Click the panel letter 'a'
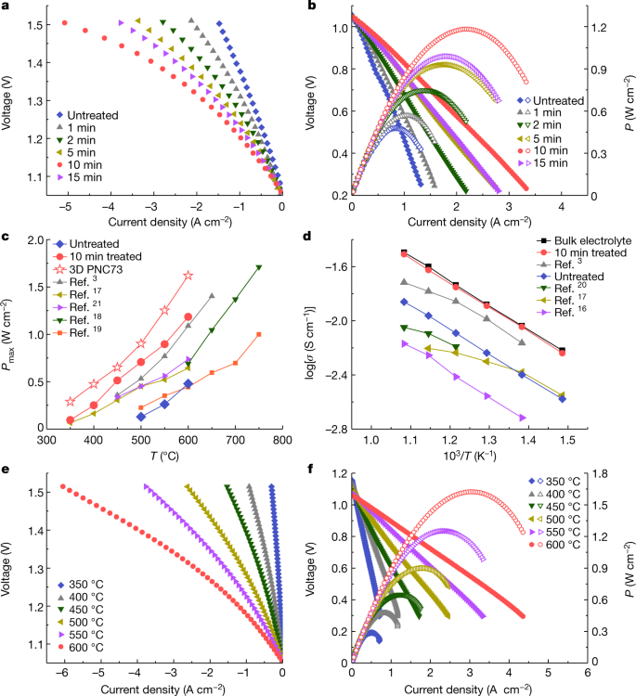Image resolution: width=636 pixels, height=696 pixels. point(6,7)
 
